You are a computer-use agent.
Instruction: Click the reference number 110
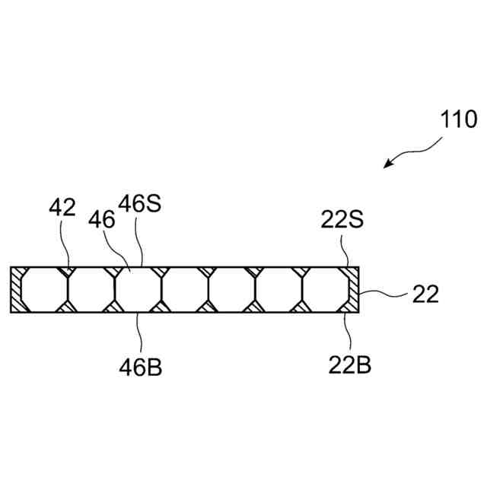pyautogui.click(x=458, y=119)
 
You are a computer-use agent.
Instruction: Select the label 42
pyautogui.click(x=62, y=208)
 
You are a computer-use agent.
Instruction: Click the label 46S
pyautogui.click(x=140, y=205)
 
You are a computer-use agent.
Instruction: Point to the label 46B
pyautogui.click(x=140, y=367)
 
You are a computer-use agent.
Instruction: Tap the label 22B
pyautogui.click(x=350, y=365)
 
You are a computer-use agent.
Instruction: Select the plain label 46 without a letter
pyautogui.click(x=100, y=220)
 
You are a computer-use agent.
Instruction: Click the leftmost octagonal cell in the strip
pyautogui.click(x=44, y=290)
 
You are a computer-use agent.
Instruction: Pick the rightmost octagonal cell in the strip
pyautogui.click(x=327, y=290)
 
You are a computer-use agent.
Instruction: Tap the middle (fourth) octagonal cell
pyautogui.click(x=186, y=290)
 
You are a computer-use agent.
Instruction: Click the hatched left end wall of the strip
pyautogui.click(x=15, y=290)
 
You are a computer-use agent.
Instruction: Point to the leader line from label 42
pyautogui.click(x=67, y=243)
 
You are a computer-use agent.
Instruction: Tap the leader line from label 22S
pyautogui.click(x=346, y=251)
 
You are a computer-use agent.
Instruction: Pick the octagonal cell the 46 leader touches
pyautogui.click(x=138, y=290)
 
